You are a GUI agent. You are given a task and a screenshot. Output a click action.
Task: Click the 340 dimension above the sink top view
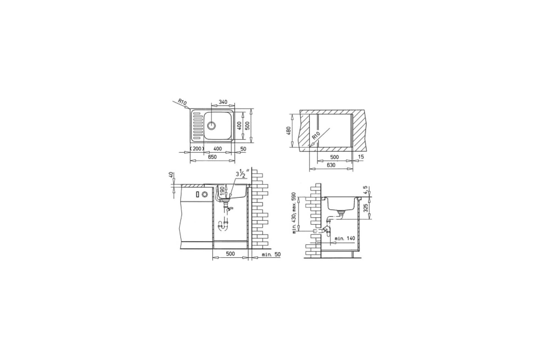[223, 102]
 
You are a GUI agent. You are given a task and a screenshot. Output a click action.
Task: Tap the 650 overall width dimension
[212, 157]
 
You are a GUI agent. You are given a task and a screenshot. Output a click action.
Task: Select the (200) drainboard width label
[197, 149]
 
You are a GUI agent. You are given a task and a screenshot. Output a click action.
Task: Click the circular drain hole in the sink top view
[211, 126]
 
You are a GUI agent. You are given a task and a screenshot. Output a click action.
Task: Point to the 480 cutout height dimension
[289, 130]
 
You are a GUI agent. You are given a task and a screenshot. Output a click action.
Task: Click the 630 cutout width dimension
[331, 165]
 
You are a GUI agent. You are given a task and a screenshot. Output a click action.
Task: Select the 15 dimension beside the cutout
[360, 157]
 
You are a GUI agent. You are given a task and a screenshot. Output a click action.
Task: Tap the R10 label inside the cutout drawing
[315, 136]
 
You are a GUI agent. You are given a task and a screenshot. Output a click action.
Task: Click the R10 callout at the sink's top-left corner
[182, 102]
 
